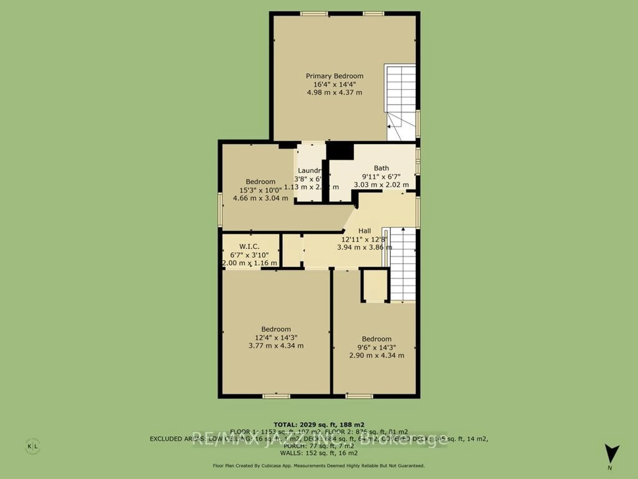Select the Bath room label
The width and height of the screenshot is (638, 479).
tap(381, 168)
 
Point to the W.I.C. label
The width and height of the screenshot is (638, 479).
tap(249, 247)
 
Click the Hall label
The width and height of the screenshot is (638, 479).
tap(365, 231)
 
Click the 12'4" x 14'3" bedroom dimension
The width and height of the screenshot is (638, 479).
tap(276, 337)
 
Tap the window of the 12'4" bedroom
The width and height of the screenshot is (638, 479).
tap(276, 396)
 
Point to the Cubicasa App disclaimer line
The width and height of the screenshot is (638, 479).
tap(319, 466)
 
